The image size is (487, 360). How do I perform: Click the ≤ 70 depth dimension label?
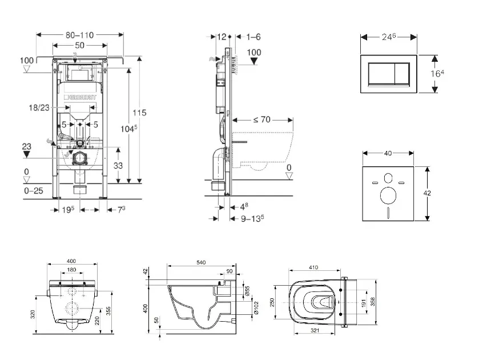[x=261, y=119]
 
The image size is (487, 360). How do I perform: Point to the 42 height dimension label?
[x=428, y=193]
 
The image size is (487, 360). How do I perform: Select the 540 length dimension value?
[x=201, y=262]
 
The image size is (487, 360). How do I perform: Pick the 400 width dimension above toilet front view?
[x=71, y=262]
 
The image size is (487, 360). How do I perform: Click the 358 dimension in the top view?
[x=373, y=301]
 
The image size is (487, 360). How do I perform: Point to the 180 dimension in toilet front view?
[x=71, y=270]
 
